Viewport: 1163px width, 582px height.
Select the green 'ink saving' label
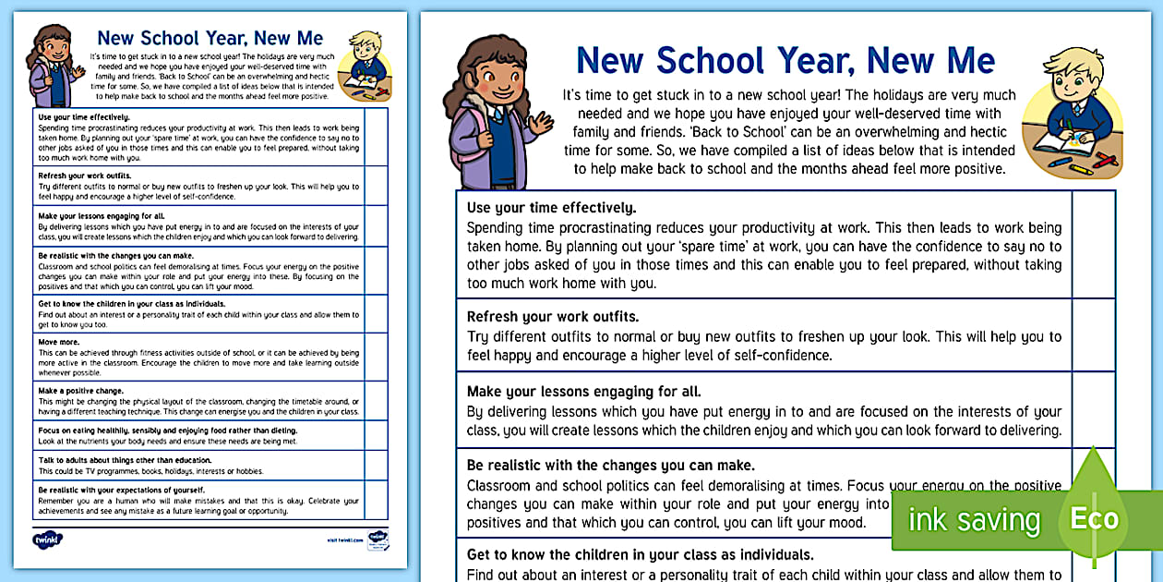click(x=974, y=519)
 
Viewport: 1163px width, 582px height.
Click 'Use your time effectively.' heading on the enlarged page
click(x=551, y=208)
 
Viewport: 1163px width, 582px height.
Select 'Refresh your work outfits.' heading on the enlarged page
click(x=552, y=317)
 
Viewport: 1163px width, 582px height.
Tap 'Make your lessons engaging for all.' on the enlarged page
click(x=583, y=392)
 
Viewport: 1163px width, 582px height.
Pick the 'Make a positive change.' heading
click(x=82, y=391)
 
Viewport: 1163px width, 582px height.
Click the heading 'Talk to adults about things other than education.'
click(x=125, y=459)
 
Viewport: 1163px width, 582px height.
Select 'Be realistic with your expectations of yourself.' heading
click(x=121, y=490)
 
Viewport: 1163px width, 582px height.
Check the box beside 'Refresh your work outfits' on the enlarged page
click(x=1093, y=334)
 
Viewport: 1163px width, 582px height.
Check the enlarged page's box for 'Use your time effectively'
click(x=1093, y=244)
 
